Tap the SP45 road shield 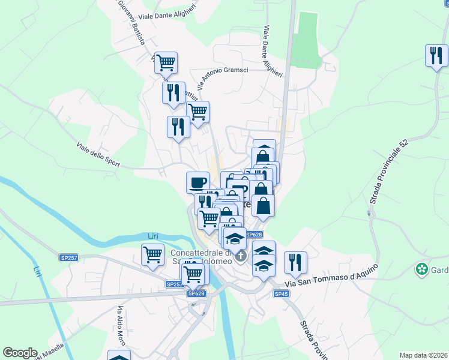(282, 293)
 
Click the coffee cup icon (197, 182)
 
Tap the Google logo (20, 353)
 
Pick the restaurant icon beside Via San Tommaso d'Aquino (295, 262)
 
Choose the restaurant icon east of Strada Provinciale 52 (436, 55)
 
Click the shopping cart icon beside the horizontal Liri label (153, 253)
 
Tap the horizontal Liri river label (153, 236)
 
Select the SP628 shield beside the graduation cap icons (255, 235)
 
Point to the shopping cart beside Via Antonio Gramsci (197, 111)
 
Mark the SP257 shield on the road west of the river (69, 257)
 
